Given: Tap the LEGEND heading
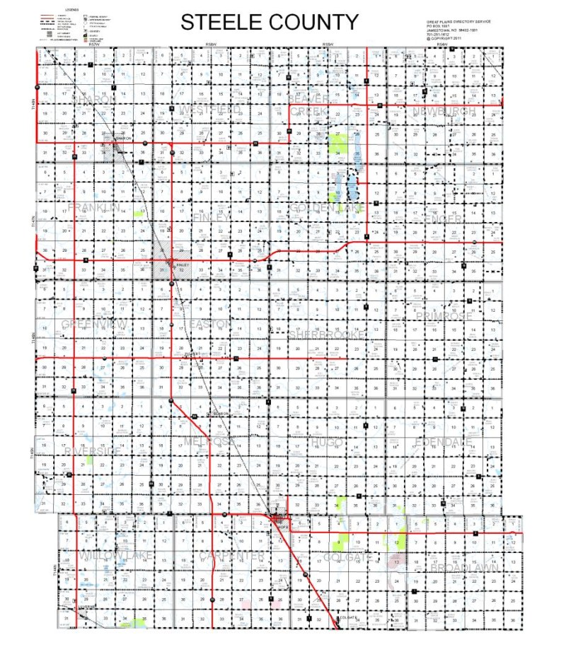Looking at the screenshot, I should click(71, 10).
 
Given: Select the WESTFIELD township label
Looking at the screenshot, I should click(210, 108).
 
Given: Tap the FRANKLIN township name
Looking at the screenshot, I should click(95, 207).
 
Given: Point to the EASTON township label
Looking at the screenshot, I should click(210, 324).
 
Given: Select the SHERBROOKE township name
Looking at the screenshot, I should click(327, 332).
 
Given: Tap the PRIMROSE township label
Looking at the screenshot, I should click(444, 316).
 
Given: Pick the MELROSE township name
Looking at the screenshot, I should click(209, 441).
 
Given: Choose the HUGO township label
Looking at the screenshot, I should click(325, 441).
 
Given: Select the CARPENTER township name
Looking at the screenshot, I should click(231, 556).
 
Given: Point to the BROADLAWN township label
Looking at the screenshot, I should click(465, 568).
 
